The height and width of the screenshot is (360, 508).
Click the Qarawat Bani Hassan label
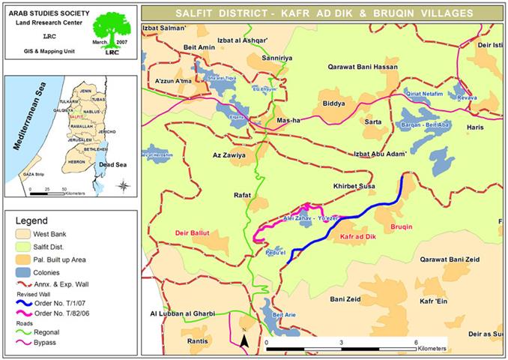(362, 67)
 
